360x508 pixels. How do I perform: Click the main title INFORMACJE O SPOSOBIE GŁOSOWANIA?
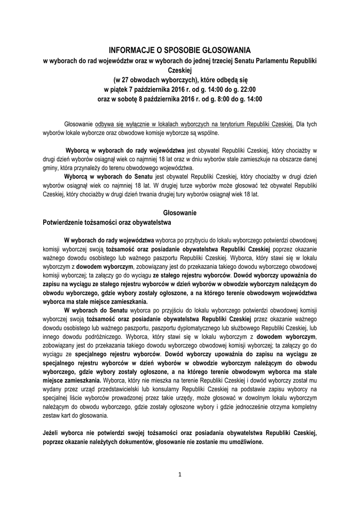coord(180,50)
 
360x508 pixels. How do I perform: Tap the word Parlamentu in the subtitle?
coord(265,61)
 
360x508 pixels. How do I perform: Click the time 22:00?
coord(247,89)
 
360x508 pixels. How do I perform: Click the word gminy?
coord(51,168)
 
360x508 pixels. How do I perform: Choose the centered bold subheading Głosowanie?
coord(180,213)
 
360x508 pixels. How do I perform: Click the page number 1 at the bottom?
coord(180,474)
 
